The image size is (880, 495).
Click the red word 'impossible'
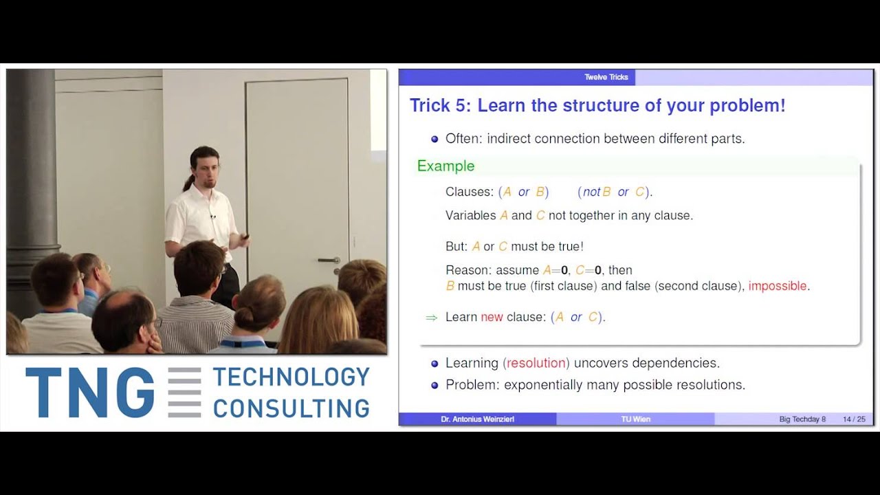(x=779, y=286)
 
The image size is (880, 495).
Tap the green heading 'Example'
(x=445, y=166)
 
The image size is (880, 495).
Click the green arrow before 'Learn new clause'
(x=432, y=318)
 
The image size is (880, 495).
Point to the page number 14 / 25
(x=854, y=419)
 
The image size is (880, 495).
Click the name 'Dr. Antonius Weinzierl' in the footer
(x=477, y=419)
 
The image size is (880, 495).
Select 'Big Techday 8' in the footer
(x=802, y=419)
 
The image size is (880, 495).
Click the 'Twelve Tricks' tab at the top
(x=606, y=77)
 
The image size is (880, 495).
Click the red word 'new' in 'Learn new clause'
(x=492, y=317)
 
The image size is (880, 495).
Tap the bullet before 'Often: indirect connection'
(x=434, y=139)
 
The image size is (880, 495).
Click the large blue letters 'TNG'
(x=89, y=393)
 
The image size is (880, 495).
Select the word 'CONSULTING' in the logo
(x=291, y=408)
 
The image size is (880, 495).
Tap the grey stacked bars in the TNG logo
(x=184, y=393)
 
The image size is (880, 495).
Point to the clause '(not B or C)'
(x=615, y=192)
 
